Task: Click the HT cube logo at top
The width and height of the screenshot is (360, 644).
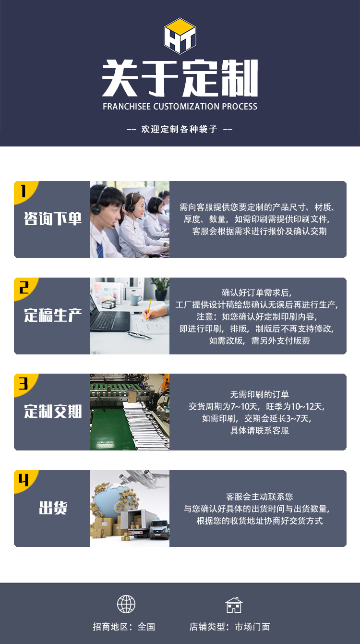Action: [180, 36]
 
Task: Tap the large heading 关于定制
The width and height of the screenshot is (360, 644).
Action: [180, 78]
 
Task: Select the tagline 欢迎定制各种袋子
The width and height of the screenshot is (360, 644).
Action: [180, 129]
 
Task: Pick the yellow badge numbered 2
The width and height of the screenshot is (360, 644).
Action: [24, 288]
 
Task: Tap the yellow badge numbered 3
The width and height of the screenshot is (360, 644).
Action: [24, 384]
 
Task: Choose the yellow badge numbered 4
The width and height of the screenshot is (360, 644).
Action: [24, 480]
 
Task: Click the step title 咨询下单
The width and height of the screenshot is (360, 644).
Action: [53, 219]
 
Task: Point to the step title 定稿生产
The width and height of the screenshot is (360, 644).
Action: [53, 316]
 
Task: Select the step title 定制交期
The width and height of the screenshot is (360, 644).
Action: [53, 412]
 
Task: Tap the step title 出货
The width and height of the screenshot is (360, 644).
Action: [53, 508]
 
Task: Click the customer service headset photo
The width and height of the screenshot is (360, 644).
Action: [130, 219]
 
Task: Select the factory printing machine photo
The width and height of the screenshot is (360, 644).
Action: [130, 412]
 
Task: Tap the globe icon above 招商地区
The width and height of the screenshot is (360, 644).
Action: [126, 604]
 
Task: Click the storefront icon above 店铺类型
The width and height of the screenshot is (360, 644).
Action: [234, 605]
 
